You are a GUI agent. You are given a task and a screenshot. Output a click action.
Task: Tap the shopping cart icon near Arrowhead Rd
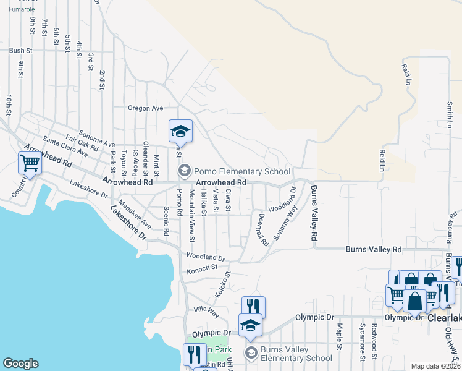[30, 164]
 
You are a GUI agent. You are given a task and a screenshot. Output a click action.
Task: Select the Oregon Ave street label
[145, 108]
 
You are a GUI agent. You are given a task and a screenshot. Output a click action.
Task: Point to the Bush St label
[20, 50]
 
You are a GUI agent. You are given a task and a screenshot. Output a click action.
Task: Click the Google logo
[20, 364]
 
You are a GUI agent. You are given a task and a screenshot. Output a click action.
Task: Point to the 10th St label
[9, 105]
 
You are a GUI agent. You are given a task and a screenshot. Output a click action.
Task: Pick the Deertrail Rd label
[262, 230]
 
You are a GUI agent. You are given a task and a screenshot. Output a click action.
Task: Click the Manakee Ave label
[135, 211]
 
